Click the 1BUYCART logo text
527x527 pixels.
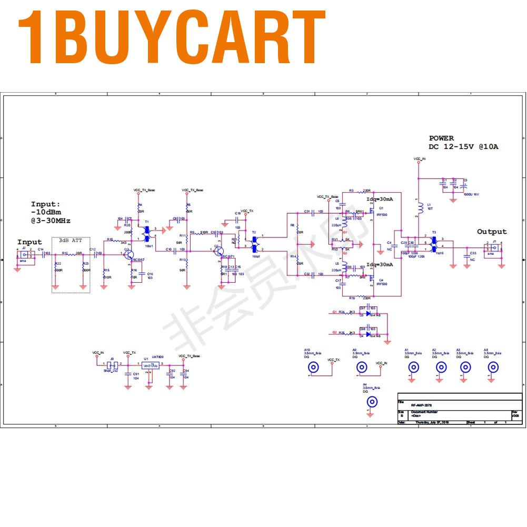click(172, 38)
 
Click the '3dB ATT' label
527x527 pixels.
click(71, 241)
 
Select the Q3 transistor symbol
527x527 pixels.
click(129, 255)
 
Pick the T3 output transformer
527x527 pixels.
click(434, 242)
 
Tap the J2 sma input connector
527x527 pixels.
click(24, 255)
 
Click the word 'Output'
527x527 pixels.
click(492, 232)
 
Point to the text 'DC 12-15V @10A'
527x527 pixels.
click(463, 147)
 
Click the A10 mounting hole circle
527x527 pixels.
click(314, 368)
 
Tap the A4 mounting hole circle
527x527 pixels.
click(372, 403)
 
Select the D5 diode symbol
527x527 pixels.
click(368, 314)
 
